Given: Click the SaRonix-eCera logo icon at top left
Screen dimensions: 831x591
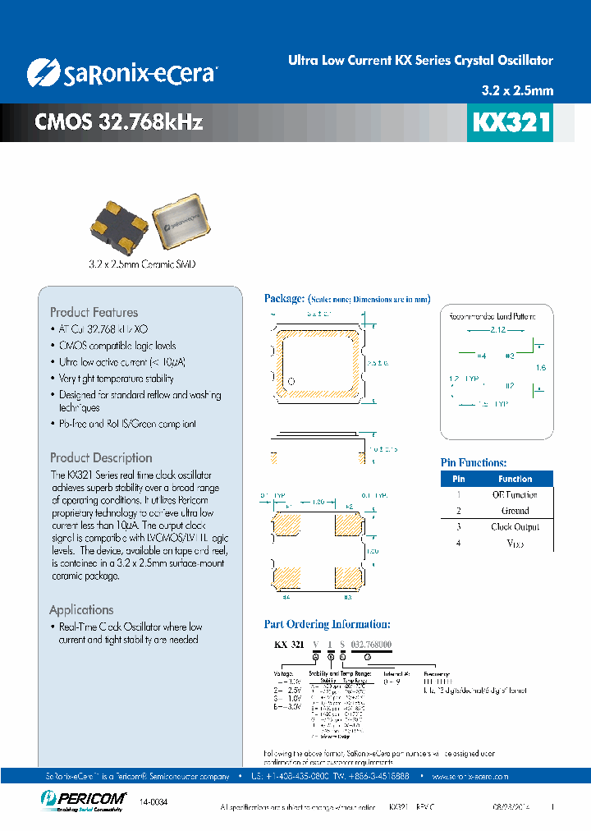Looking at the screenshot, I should (x=42, y=72).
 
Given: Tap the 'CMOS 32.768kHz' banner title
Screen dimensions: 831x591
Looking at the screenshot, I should (x=118, y=122).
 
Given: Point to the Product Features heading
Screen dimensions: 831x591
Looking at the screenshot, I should (x=94, y=312).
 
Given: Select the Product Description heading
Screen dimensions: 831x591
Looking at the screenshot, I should (x=101, y=457).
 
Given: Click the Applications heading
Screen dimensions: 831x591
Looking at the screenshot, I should (x=81, y=609).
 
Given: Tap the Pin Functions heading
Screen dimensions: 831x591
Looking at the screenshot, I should (x=474, y=463).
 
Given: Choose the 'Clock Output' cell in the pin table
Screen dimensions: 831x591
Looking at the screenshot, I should (x=515, y=526).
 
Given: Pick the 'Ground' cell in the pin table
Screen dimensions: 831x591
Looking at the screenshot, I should (x=515, y=510).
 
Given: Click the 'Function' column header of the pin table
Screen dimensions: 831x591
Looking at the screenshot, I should (x=515, y=479).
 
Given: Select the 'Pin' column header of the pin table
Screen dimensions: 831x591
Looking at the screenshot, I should (x=459, y=479).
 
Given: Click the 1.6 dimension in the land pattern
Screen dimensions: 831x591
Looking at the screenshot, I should (x=540, y=368).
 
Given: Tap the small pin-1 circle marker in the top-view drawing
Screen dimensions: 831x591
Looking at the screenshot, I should (x=290, y=381).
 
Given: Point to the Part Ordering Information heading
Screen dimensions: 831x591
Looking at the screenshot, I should (x=327, y=624).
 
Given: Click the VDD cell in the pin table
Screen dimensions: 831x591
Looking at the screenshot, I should (x=515, y=543).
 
